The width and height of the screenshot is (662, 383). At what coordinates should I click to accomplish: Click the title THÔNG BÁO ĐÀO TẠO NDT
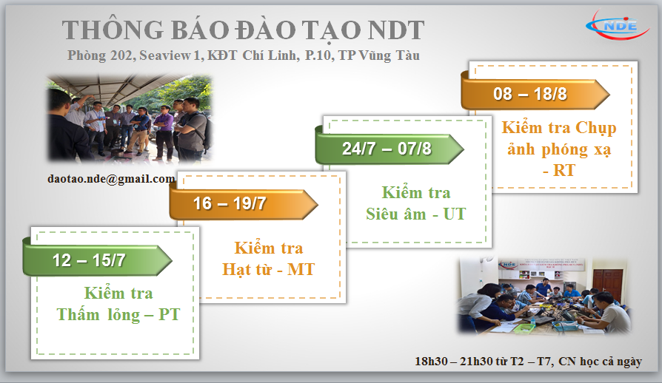pyautogui.click(x=243, y=30)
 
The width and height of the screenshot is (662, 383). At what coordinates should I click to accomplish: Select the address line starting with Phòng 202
pyautogui.click(x=243, y=55)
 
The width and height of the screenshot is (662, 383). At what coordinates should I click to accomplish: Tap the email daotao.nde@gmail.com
pyautogui.click(x=110, y=179)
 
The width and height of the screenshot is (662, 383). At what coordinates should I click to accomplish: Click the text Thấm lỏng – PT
pyautogui.click(x=118, y=314)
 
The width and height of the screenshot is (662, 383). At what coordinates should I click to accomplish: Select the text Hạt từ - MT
pyautogui.click(x=268, y=269)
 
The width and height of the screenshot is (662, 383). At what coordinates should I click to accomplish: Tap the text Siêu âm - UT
pyautogui.click(x=415, y=214)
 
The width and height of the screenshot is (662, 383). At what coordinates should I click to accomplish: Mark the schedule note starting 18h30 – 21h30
pyautogui.click(x=527, y=362)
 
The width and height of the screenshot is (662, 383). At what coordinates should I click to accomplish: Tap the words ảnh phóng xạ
pyautogui.click(x=559, y=149)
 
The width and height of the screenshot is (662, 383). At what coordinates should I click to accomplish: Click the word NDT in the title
pyautogui.click(x=394, y=30)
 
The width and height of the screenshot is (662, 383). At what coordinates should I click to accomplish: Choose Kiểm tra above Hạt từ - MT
pyautogui.click(x=268, y=248)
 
